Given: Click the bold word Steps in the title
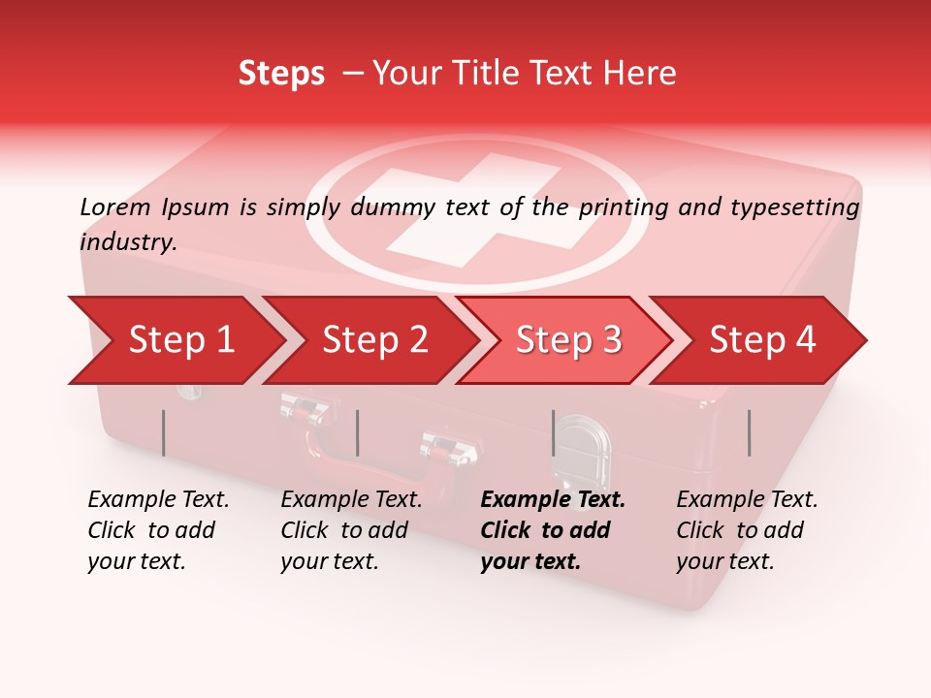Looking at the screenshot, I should (281, 74).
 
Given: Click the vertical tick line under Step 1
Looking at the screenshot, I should (163, 432).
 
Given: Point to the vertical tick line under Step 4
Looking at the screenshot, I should (750, 432).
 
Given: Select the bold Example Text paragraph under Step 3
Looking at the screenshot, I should (553, 530).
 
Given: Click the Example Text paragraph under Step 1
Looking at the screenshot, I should (158, 530).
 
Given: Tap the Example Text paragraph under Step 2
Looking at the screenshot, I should (351, 530).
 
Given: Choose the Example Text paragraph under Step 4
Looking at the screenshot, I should (747, 530).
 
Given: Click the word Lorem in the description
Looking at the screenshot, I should (115, 207).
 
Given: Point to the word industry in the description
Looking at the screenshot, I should (128, 242).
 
